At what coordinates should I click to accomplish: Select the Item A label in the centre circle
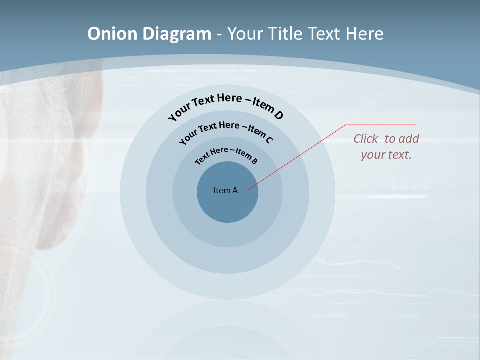(225, 190)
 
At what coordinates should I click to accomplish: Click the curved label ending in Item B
(226, 155)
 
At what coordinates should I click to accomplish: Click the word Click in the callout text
(366, 139)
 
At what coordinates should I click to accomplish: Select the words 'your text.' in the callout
(386, 155)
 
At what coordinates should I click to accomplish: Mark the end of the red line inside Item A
(247, 190)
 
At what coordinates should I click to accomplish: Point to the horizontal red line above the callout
(381, 124)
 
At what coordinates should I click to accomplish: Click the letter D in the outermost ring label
(278, 116)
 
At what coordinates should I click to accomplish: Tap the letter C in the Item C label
(269, 140)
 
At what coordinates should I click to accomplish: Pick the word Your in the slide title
(246, 34)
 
